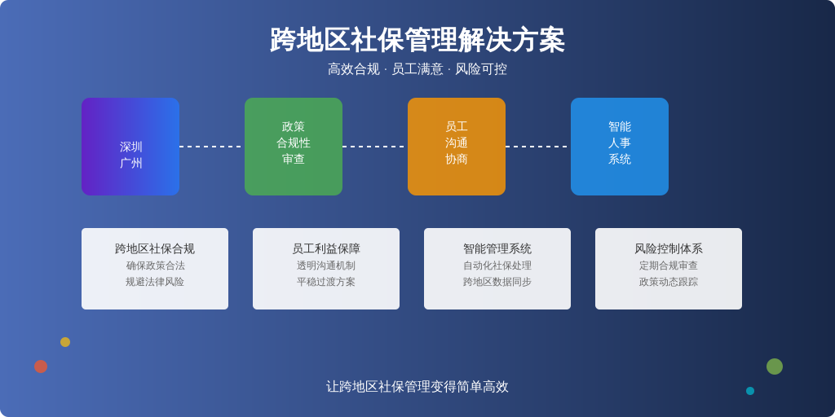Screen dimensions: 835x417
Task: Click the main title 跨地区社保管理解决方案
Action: (x=417, y=40)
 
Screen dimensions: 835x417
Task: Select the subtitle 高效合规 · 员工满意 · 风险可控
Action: (x=417, y=69)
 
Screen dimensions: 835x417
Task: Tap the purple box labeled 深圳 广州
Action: (x=130, y=147)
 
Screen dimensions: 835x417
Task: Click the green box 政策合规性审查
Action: (x=294, y=147)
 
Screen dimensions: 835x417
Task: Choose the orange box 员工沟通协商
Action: (x=457, y=147)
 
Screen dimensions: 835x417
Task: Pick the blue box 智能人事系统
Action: (x=620, y=147)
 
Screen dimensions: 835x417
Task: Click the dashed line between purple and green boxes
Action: (x=212, y=147)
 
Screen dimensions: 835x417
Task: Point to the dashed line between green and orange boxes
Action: (x=375, y=147)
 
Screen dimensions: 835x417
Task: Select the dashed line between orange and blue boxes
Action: (x=538, y=147)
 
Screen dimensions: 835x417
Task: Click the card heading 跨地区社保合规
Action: (x=155, y=248)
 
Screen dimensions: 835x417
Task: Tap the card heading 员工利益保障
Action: (x=326, y=248)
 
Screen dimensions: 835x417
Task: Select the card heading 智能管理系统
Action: (x=497, y=248)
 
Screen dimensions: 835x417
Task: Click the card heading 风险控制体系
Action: (x=669, y=248)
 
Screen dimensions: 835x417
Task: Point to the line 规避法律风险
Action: (x=155, y=282)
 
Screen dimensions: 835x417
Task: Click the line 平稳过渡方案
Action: (x=326, y=282)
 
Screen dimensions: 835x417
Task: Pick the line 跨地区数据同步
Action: (x=497, y=282)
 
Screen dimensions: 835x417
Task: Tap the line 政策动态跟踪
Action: (x=669, y=282)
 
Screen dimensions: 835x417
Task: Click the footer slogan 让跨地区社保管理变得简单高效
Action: (x=417, y=387)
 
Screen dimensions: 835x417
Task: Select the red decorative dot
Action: (x=41, y=367)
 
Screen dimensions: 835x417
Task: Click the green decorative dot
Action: (x=775, y=367)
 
